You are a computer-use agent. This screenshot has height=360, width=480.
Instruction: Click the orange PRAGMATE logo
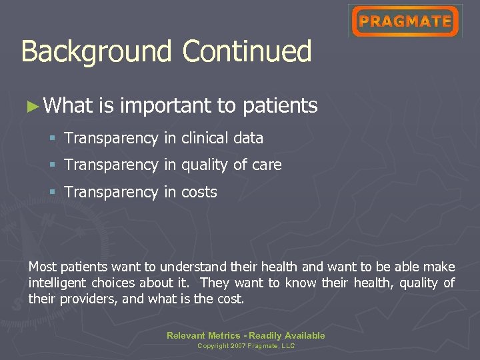click(x=405, y=21)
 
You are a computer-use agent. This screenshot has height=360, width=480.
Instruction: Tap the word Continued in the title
click(x=247, y=52)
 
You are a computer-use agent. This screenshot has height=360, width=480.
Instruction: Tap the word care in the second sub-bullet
click(x=266, y=165)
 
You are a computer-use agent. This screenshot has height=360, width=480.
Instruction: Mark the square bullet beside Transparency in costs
click(x=52, y=192)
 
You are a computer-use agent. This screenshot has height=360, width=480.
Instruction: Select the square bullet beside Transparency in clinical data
click(x=52, y=138)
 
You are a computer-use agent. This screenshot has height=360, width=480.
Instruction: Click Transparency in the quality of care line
click(x=111, y=165)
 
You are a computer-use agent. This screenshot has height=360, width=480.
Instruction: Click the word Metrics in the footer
click(x=223, y=335)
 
